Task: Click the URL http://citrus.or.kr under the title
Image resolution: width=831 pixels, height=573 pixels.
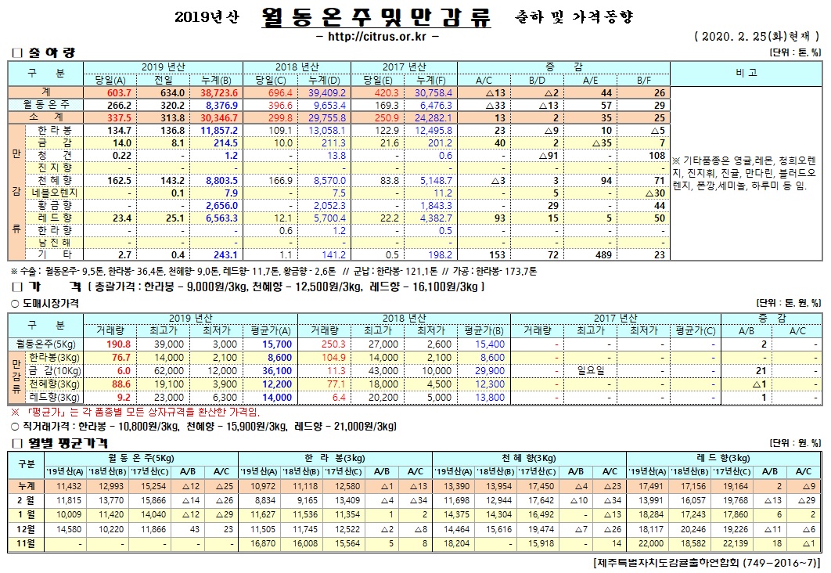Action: [x=376, y=37]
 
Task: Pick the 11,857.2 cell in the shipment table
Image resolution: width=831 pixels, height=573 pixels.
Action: [x=220, y=129]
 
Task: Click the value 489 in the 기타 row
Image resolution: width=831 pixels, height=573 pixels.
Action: [x=603, y=254]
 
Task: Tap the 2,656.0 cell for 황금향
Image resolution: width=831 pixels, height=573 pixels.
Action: [x=221, y=204]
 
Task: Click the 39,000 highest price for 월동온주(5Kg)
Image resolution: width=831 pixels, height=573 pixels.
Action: [x=148, y=344]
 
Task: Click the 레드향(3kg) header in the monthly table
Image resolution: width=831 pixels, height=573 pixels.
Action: [x=724, y=457]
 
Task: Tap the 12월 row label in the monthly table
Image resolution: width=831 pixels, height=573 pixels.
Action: [x=26, y=528]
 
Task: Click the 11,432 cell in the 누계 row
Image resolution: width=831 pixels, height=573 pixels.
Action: [x=64, y=486]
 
